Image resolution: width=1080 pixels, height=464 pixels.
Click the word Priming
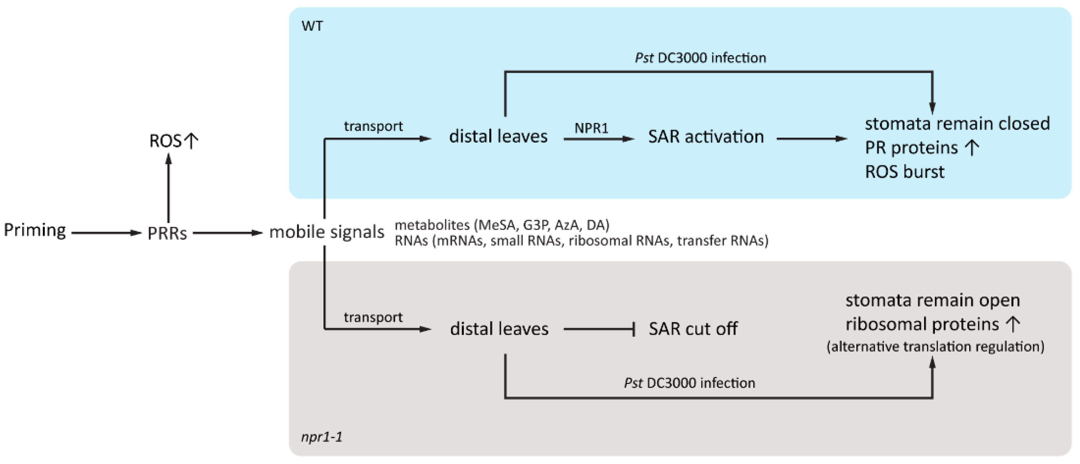pos(35,230)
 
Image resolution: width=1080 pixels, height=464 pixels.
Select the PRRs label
pos(167,233)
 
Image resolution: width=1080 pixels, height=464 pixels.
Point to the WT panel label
pos(312,26)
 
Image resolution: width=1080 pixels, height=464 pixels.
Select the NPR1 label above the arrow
pos(591,128)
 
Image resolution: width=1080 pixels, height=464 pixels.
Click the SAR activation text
pos(706,137)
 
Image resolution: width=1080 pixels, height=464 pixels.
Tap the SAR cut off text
pos(692,329)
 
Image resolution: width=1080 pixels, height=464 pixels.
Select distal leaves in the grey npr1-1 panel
pos(499,329)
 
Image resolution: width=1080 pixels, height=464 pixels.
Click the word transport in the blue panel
pos(373,126)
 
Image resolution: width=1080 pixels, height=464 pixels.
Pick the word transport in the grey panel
pos(373,317)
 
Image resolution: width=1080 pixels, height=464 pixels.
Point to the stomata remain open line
pos(932,300)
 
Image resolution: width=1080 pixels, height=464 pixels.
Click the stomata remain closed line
pos(957,124)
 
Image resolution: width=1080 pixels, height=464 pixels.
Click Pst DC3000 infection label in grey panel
pos(689,383)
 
